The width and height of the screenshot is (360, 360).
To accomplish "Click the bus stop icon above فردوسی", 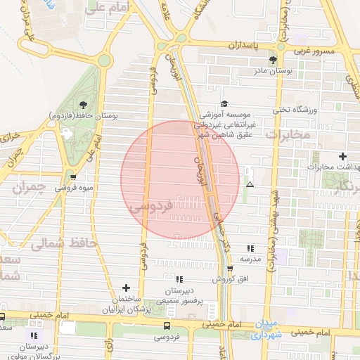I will pyautogui.click(x=167, y=326).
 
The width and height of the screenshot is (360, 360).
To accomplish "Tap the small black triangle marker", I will pyautogui.click(x=250, y=184).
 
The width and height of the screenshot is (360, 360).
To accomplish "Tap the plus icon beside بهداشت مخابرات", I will pyautogui.click(x=342, y=156).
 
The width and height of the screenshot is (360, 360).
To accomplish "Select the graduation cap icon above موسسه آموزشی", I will pyautogui.click(x=224, y=103).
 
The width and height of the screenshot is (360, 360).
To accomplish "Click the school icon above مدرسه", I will pyautogui.click(x=250, y=247).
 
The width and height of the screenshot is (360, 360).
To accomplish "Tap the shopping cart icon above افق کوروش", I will pyautogui.click(x=230, y=268).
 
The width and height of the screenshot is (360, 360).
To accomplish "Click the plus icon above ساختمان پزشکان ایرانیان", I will pyautogui.click(x=126, y=287).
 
